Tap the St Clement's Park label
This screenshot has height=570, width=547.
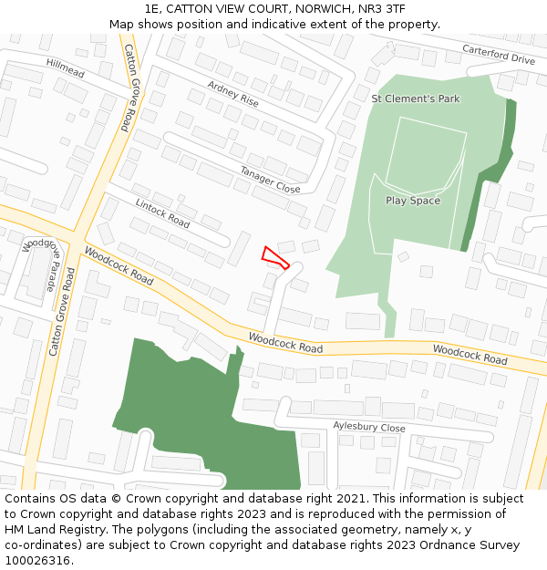coord(416,98)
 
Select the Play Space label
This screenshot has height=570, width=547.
coord(412,201)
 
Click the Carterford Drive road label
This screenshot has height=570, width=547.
coord(498,55)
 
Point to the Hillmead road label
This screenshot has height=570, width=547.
coord(65,67)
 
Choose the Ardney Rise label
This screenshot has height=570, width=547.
coord(232,94)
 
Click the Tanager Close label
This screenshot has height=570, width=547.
coord(270,179)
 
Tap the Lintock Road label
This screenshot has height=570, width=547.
coord(162,213)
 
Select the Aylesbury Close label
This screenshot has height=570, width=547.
coord(368,427)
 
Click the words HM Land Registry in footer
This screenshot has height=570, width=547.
coord(55,530)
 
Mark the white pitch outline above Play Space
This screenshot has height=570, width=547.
coord(426,155)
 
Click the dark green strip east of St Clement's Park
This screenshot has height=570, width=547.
coord(492,173)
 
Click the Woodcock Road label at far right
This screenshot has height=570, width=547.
coord(470,354)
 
